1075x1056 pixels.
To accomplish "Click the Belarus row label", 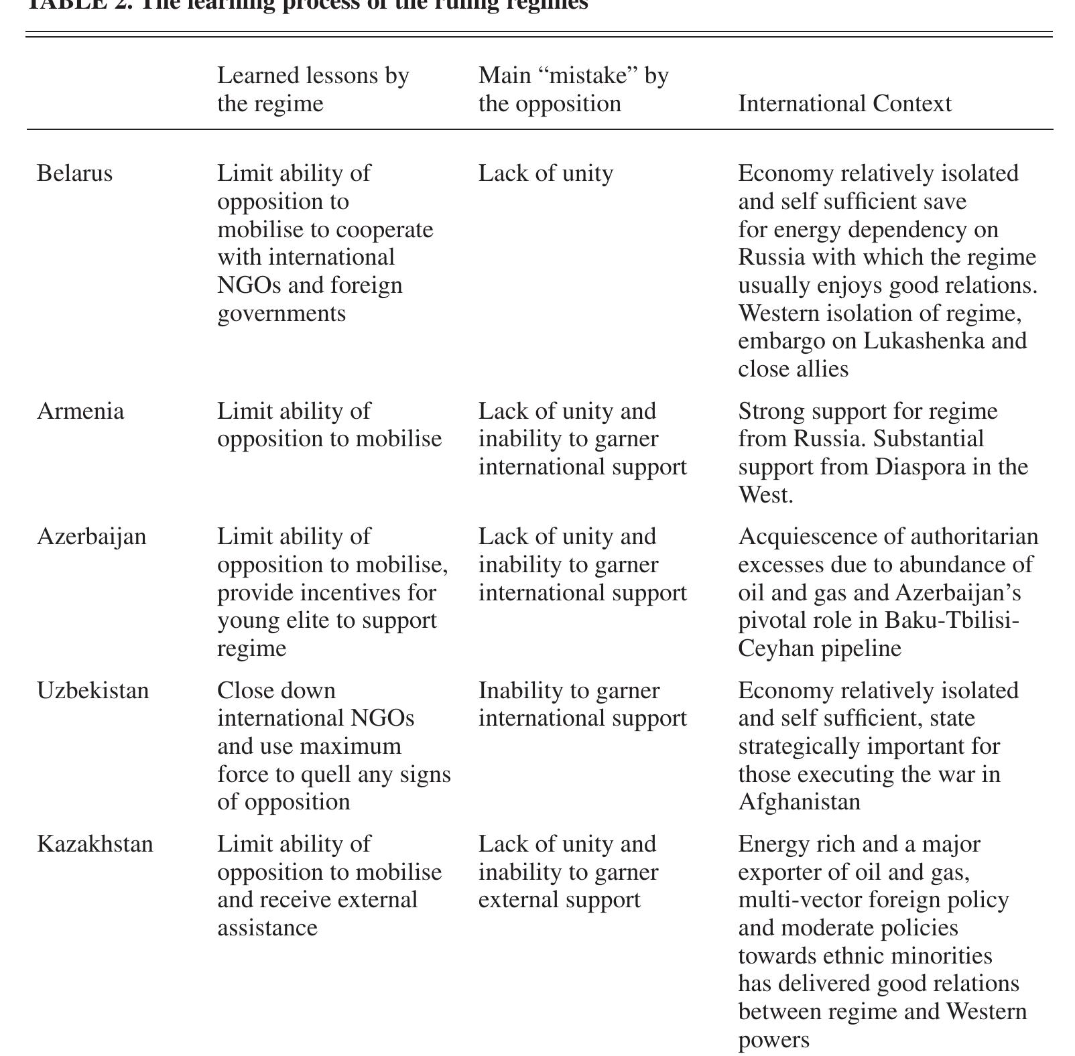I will click(x=74, y=174).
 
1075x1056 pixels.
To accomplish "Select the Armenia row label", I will click(x=80, y=411).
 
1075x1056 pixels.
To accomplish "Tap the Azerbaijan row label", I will click(x=91, y=537).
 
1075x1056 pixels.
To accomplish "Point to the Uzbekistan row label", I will click(x=92, y=690).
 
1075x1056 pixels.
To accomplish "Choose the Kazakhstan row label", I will click(x=94, y=844).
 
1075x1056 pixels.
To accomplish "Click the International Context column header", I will click(x=844, y=104).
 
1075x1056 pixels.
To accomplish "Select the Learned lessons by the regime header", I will click(x=313, y=90).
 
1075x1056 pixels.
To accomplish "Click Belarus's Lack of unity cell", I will click(x=546, y=174).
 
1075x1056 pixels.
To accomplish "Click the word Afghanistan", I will click(x=799, y=802).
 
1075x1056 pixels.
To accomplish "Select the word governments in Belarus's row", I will click(x=281, y=313).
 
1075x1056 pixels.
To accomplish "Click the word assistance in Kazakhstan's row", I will click(x=267, y=928).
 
